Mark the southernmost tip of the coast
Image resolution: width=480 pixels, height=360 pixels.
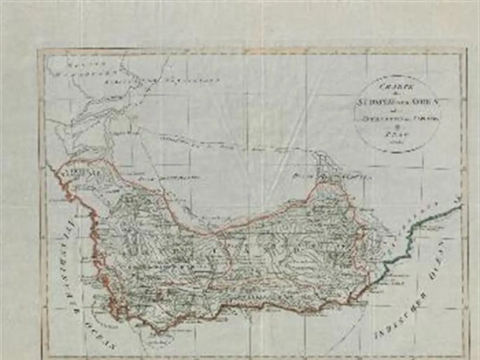click(159, 332)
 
